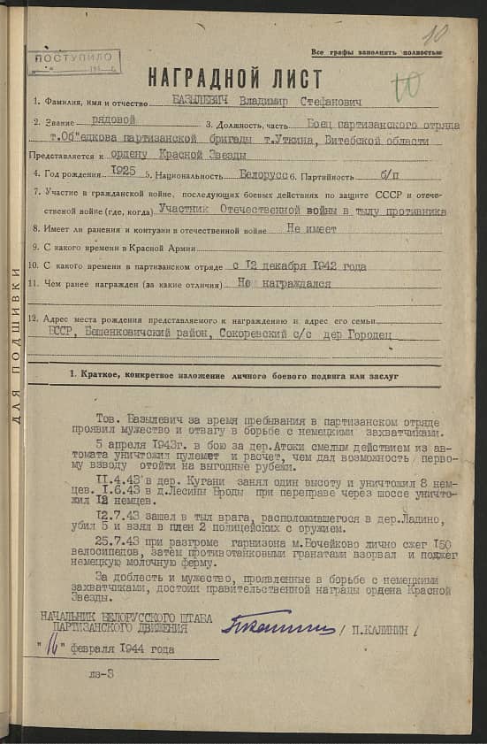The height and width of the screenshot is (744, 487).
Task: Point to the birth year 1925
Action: (124, 174)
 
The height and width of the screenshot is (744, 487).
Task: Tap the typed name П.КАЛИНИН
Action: (375, 631)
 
